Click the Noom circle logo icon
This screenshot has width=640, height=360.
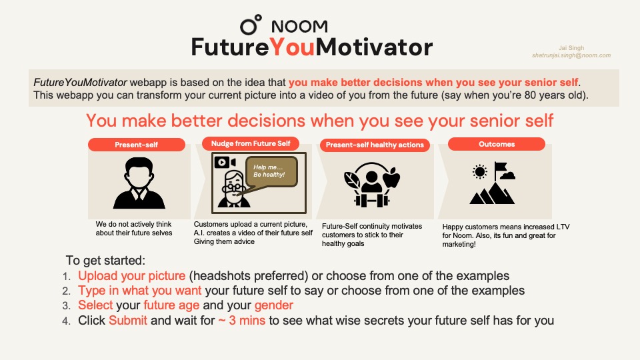pyautogui.click(x=251, y=25)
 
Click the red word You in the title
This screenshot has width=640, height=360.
pyautogui.click(x=292, y=47)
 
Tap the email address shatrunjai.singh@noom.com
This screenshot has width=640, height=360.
pyautogui.click(x=571, y=55)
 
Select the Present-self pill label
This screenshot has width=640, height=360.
pyautogui.click(x=136, y=145)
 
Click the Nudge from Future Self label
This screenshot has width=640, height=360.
pyautogui.click(x=251, y=143)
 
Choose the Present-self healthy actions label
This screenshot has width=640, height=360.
pyautogui.click(x=375, y=145)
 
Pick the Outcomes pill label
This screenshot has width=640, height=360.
pyautogui.click(x=496, y=144)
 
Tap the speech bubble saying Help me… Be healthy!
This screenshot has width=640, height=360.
pyautogui.click(x=271, y=171)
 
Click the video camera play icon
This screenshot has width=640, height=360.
pyautogui.click(x=225, y=163)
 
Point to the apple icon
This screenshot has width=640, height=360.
pyautogui.click(x=391, y=177)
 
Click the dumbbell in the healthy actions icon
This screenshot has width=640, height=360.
pyautogui.click(x=371, y=201)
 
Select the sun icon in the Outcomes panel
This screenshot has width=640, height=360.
pyautogui.click(x=479, y=172)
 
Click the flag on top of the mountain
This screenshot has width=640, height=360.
pyautogui.click(x=501, y=167)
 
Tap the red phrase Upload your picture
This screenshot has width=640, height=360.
pyautogui.click(x=132, y=276)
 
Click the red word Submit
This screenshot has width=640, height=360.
pyautogui.click(x=128, y=321)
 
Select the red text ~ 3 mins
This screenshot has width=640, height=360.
pyautogui.click(x=241, y=321)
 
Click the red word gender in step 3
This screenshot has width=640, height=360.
pyautogui.click(x=274, y=305)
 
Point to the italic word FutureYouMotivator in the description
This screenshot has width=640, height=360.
pyautogui.click(x=80, y=82)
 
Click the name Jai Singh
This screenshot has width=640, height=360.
pyautogui.click(x=571, y=48)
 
